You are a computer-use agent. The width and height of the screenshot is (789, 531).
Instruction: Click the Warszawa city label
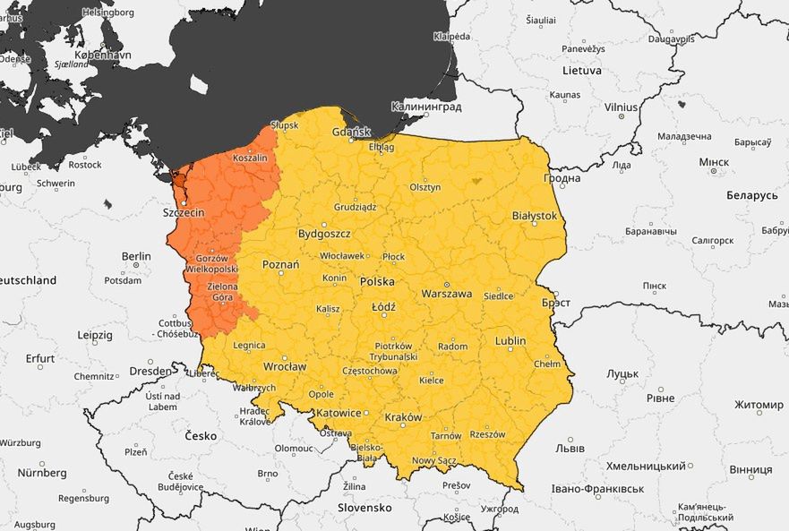pos(446,293)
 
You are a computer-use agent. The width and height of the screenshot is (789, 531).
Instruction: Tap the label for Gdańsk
pos(350,132)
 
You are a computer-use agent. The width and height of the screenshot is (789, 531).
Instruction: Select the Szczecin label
pos(184,213)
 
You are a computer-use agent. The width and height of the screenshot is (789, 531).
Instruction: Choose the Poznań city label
pos(280,265)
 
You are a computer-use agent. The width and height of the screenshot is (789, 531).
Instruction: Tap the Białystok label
pos(534,216)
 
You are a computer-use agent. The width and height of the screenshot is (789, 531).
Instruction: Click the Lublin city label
pos(510,341)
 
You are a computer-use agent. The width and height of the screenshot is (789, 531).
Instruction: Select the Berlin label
pos(136,256)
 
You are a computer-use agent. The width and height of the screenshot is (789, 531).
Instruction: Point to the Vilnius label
pos(621,107)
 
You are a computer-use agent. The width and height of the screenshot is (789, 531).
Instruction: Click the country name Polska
pos(377,281)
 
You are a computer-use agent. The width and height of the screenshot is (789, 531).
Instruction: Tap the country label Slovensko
pos(364,508)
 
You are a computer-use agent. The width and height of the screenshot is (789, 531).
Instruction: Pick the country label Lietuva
pos(583,69)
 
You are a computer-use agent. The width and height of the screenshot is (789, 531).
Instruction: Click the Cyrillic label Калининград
pos(427,107)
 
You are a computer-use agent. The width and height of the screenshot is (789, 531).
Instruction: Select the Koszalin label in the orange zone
pos(250,158)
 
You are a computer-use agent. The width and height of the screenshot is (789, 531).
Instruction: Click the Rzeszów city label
pos(487,434)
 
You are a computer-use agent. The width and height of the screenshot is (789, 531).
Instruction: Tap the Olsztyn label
pos(425,187)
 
